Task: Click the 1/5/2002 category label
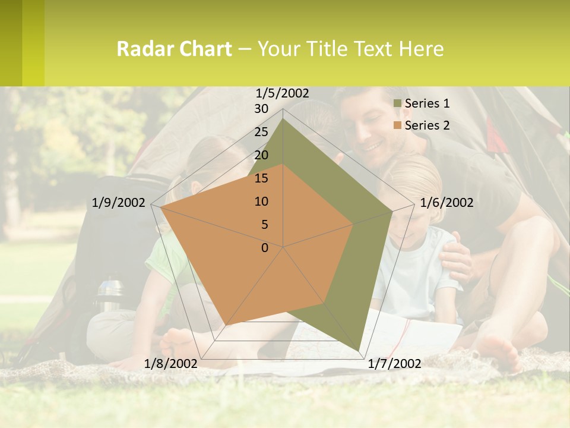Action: point(282,93)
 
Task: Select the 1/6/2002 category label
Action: point(446,203)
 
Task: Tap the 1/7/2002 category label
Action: point(394,364)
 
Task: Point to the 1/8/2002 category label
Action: point(170,364)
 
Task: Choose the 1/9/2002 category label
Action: point(119,203)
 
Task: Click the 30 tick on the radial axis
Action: point(261,109)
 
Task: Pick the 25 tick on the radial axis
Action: point(261,132)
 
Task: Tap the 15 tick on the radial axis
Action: point(261,178)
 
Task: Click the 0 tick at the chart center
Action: point(265,248)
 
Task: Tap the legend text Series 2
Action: point(427,125)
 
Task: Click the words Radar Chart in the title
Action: point(174,49)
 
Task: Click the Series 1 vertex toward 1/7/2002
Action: point(358,351)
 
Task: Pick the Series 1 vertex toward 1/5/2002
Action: point(283,118)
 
